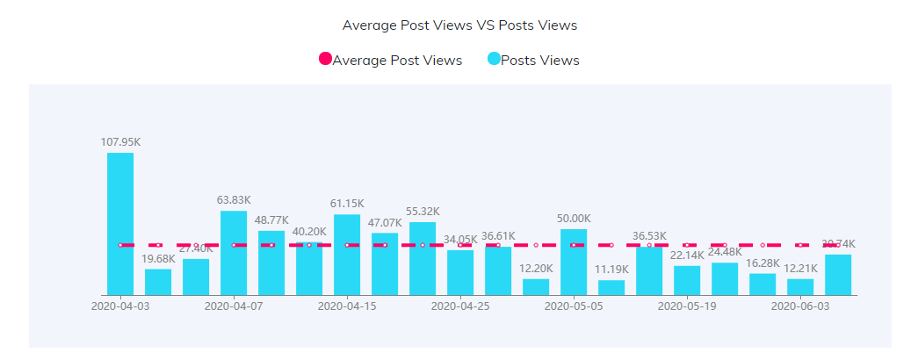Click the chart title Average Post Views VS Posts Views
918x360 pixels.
[459, 25]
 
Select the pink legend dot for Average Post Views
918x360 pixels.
[325, 59]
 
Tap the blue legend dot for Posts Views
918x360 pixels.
[494, 59]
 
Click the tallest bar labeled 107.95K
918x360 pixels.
[120, 224]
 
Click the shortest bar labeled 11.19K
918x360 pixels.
[611, 287]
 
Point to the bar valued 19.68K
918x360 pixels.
[158, 282]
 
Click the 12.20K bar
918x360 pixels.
[536, 287]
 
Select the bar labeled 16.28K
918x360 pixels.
[763, 284]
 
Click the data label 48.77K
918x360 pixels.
[271, 220]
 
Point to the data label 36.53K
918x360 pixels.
[649, 236]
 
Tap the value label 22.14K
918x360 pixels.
[687, 255]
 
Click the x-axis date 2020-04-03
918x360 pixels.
[120, 306]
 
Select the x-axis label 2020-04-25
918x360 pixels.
[460, 306]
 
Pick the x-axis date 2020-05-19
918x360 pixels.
[687, 306]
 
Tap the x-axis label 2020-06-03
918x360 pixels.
[800, 306]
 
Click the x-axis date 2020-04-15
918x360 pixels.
[347, 306]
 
